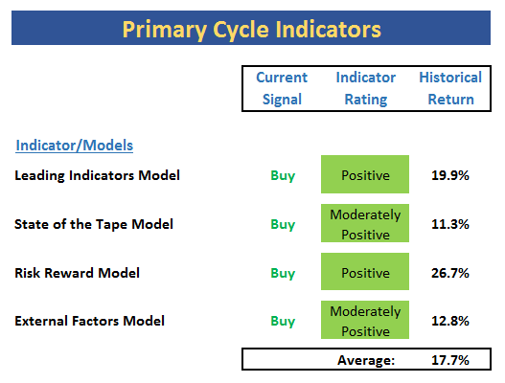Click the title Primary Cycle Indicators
coord(251,30)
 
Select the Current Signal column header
coord(282,88)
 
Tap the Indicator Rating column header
coord(365,88)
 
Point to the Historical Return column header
coord(450,88)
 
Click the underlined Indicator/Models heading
coord(75,146)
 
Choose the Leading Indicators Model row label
coord(98,175)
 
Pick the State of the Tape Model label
coord(94,224)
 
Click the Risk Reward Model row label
coord(77,273)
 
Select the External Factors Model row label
coord(89,321)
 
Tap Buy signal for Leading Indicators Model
coord(283,176)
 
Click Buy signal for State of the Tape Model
coord(283,225)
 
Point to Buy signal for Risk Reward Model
coord(283,273)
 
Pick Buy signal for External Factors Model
coord(283,321)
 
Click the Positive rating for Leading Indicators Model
coord(365,174)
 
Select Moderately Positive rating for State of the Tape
coord(365,223)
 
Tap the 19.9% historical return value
coord(450,175)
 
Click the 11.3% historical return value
coord(450,224)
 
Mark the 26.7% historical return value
coord(450,273)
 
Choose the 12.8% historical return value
coord(450,321)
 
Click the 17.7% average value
coord(450,360)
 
